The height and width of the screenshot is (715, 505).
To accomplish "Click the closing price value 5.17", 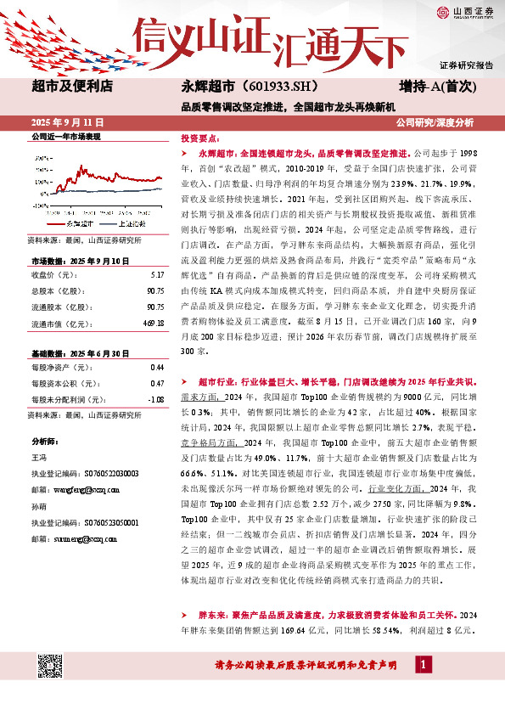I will click(157, 275).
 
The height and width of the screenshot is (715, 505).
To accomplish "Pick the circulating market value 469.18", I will click(154, 323).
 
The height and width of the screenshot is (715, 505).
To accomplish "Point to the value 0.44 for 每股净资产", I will click(157, 367).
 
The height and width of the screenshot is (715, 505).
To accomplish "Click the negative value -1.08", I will click(155, 399).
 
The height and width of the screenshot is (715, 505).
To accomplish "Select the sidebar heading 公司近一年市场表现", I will click(65, 137).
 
